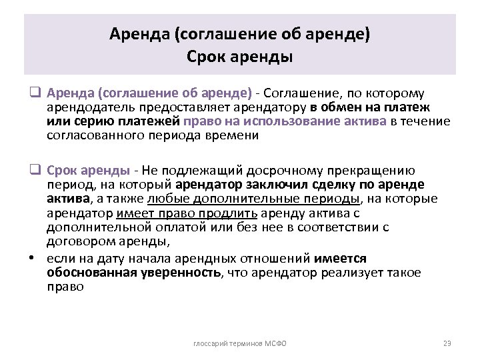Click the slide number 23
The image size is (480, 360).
pyautogui.click(x=447, y=343)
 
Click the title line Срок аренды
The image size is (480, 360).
pyautogui.click(x=240, y=57)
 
